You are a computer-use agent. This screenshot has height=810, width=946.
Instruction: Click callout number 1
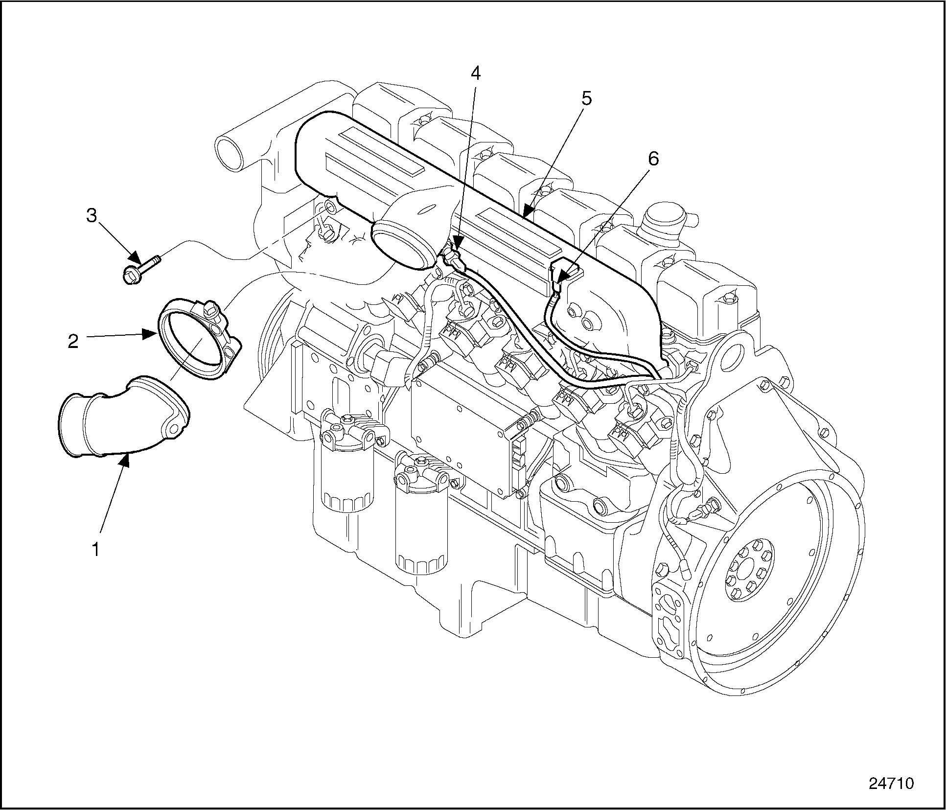[96, 549]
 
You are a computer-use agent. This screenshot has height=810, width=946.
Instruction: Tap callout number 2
[73, 341]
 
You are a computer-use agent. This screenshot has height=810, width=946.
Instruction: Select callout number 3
[92, 215]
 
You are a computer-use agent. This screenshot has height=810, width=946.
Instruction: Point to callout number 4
[475, 73]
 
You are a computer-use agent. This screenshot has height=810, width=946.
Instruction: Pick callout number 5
[586, 98]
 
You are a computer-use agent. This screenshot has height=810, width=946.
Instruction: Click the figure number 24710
[891, 783]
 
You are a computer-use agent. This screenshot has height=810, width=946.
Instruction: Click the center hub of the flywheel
[749, 568]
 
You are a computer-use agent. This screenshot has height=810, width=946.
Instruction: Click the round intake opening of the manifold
[402, 245]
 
